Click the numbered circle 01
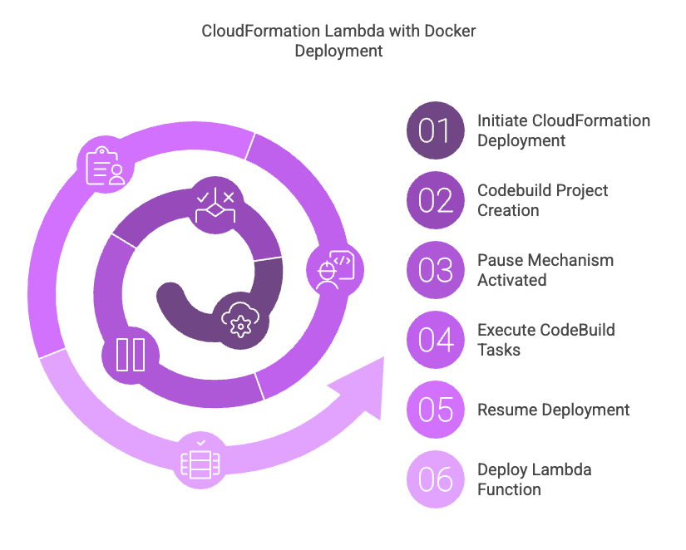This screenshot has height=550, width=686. [x=436, y=130]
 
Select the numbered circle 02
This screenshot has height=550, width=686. [x=436, y=200]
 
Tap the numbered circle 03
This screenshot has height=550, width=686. [x=436, y=270]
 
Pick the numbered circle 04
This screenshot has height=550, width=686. [x=436, y=340]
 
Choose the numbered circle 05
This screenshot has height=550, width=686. [x=436, y=410]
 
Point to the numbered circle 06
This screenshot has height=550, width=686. [x=436, y=479]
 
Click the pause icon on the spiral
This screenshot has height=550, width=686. [x=131, y=355]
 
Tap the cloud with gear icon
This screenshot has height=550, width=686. [x=240, y=320]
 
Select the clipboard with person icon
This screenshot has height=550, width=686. [x=106, y=165]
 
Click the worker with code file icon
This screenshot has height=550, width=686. [x=335, y=270]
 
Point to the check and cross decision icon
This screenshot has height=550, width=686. [x=215, y=205]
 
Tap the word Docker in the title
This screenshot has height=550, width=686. [x=450, y=31]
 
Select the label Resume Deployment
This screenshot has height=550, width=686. [x=554, y=410]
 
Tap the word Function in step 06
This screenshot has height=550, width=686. [x=509, y=489]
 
